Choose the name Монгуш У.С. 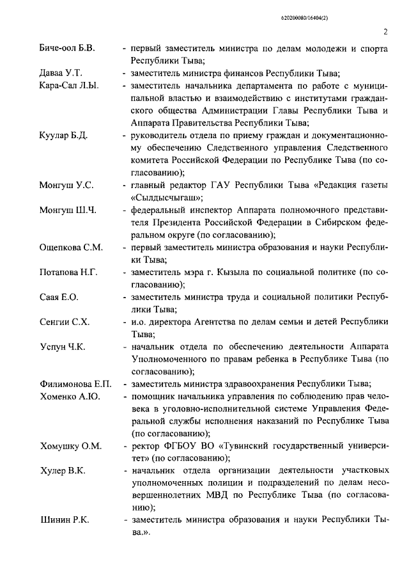(x=66, y=185)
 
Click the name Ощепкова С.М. (x=71, y=247)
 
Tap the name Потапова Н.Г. (x=68, y=272)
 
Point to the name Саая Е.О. (x=59, y=297)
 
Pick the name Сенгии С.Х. (x=65, y=321)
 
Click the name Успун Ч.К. (x=63, y=346)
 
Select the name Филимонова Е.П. (x=75, y=384)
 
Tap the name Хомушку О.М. (x=70, y=445)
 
